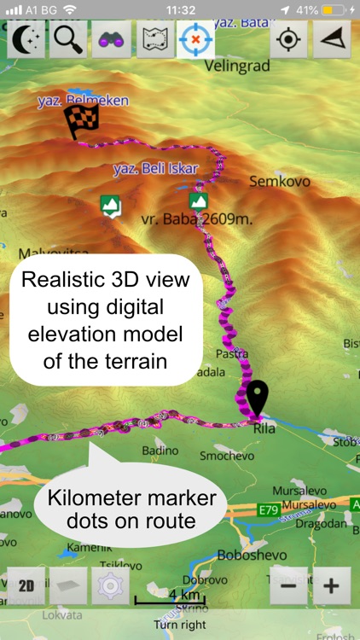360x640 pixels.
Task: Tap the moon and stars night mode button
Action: [x=26, y=39]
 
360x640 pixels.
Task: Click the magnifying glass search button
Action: [x=68, y=39]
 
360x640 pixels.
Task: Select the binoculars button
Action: [x=111, y=39]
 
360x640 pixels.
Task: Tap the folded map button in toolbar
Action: [x=154, y=39]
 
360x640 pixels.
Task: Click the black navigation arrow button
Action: [x=332, y=39]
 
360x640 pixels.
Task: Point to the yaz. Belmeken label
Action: [x=84, y=101]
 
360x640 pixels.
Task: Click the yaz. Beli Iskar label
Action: [x=154, y=169]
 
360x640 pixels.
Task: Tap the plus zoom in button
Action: [x=332, y=586]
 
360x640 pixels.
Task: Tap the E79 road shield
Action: [x=270, y=509]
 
